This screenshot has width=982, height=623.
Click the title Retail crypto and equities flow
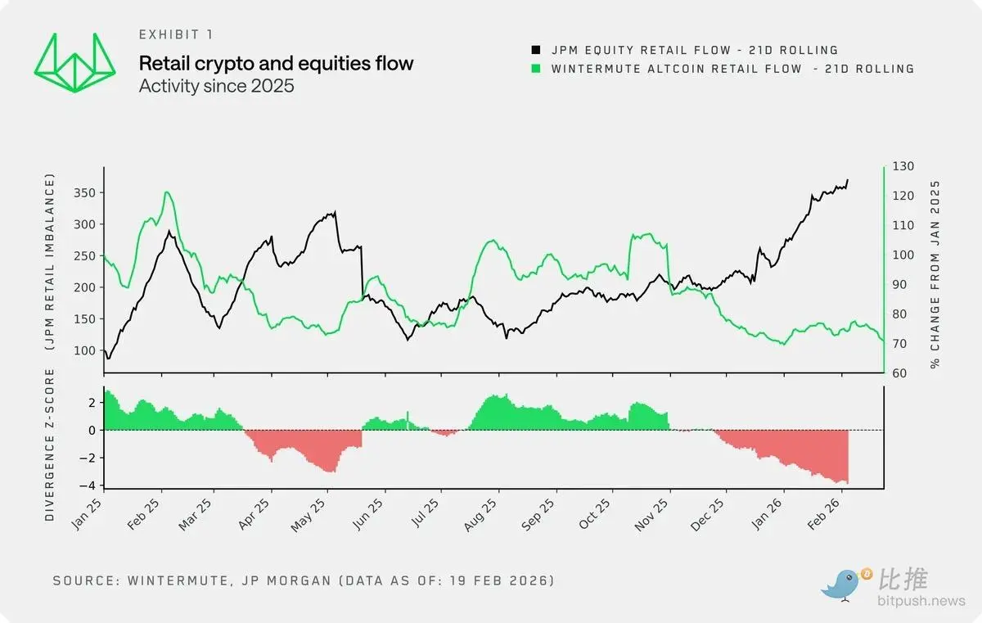[276, 63]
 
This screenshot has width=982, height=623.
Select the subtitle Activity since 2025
[216, 85]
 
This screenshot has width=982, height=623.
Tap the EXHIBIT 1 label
[178, 34]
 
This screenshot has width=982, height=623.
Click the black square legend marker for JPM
[537, 50]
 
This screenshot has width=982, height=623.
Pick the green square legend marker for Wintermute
[537, 69]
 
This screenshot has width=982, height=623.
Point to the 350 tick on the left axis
[84, 192]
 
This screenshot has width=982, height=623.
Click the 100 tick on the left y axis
[85, 350]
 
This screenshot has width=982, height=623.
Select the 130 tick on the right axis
[903, 166]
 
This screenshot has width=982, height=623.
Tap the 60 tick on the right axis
[899, 373]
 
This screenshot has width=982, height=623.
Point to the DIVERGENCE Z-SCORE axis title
[50, 445]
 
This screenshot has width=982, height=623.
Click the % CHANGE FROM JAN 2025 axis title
[935, 273]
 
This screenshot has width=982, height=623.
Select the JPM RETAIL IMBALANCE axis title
[50, 262]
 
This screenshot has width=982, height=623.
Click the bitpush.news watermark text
[921, 602]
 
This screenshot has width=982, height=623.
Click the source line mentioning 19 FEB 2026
[304, 580]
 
